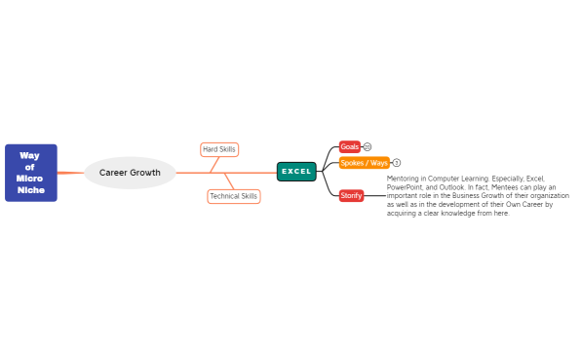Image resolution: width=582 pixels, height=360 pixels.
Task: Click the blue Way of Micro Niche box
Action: point(30,173)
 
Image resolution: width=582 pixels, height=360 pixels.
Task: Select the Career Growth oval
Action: point(130,173)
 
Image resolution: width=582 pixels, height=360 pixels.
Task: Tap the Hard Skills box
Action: point(218,149)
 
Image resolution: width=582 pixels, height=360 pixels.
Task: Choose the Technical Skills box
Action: point(234,196)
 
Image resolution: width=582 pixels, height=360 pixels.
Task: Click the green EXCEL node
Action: point(296,172)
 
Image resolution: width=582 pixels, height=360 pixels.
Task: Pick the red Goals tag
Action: point(349,146)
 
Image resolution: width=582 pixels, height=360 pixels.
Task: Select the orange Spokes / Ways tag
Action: point(364,163)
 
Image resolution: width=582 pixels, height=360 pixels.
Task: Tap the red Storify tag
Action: point(351,195)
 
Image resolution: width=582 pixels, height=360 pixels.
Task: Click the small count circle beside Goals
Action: point(368,146)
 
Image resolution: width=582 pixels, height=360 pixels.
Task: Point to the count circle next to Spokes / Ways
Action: point(397,163)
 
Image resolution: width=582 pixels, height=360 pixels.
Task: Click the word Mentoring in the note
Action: point(403,179)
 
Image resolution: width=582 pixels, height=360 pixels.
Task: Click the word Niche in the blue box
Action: point(31,190)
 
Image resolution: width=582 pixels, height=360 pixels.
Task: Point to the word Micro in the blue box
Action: point(29,179)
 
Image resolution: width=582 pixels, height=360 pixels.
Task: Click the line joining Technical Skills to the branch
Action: point(229,181)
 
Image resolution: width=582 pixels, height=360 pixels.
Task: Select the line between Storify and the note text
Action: point(375,195)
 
